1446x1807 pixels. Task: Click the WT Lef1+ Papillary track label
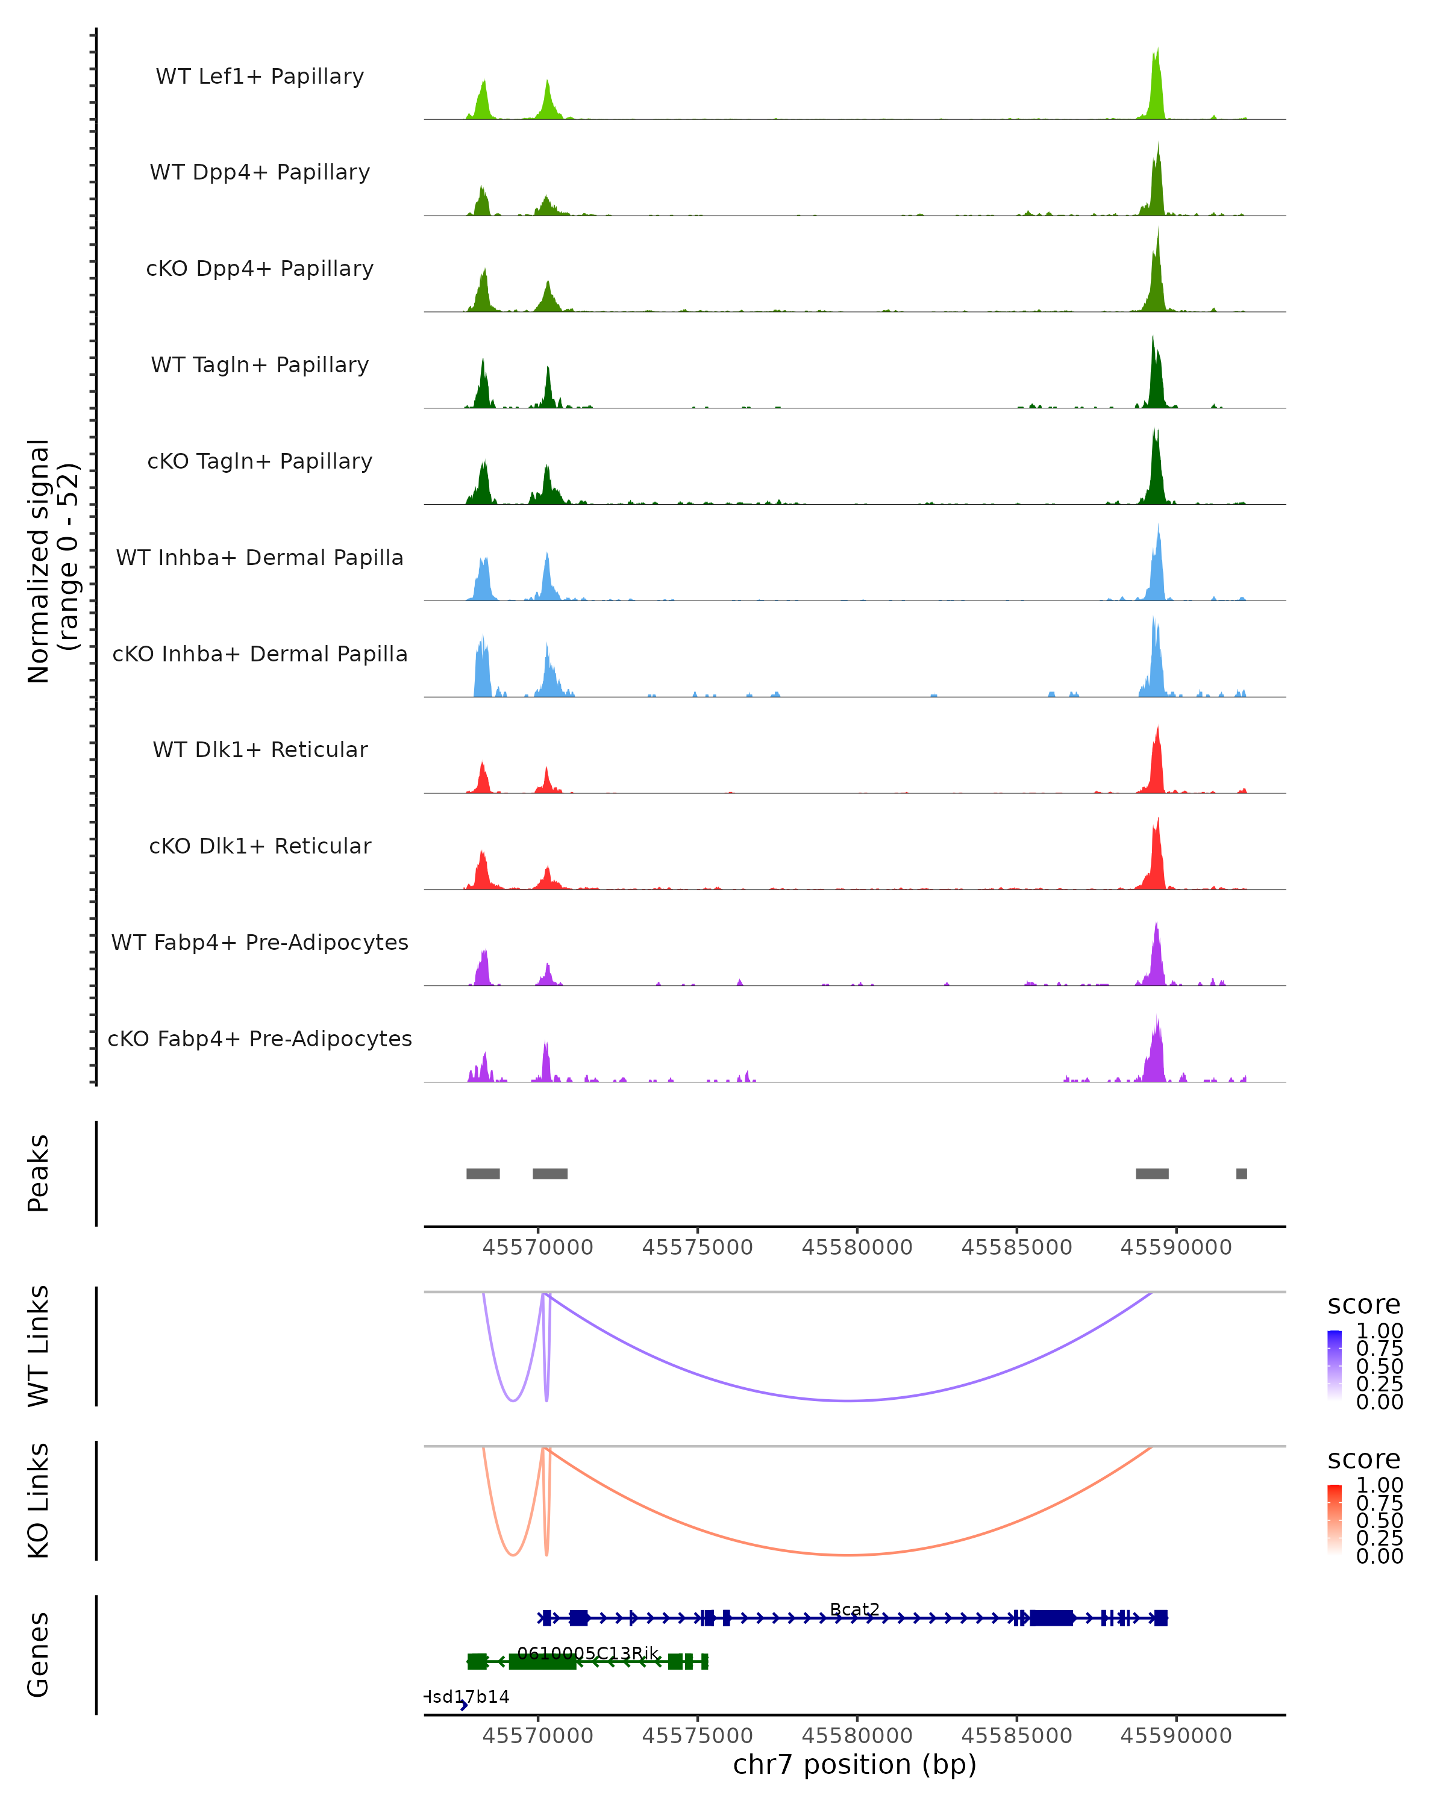pyautogui.click(x=260, y=76)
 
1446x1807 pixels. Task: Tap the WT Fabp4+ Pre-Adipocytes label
pyautogui.click(x=260, y=942)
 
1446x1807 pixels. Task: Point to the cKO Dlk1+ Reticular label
pyautogui.click(x=260, y=846)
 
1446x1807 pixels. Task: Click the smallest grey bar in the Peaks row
pyautogui.click(x=1242, y=1173)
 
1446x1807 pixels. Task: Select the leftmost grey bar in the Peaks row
pyautogui.click(x=483, y=1173)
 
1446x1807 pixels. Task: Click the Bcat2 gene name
pyautogui.click(x=854, y=1609)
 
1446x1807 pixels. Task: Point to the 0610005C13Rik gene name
pyautogui.click(x=587, y=1653)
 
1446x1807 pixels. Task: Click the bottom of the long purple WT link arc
pyautogui.click(x=848, y=1400)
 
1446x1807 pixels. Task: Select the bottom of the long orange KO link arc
pyautogui.click(x=848, y=1555)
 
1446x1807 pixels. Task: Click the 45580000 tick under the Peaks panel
pyautogui.click(x=857, y=1247)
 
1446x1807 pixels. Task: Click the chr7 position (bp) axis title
pyautogui.click(x=854, y=1764)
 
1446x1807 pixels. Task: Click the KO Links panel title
pyautogui.click(x=39, y=1500)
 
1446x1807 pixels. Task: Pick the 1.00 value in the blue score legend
pyautogui.click(x=1379, y=1331)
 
